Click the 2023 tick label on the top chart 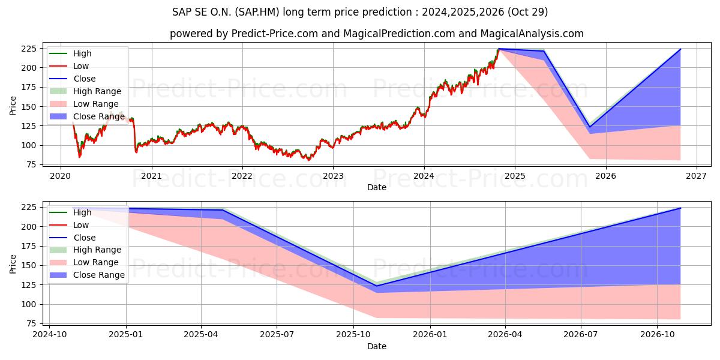(x=333, y=176)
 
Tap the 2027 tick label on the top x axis (x=697, y=176)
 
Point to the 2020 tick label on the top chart (x=60, y=176)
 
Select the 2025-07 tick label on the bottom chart (x=277, y=335)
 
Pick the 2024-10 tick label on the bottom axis (x=49, y=335)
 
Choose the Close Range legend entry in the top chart (x=99, y=116)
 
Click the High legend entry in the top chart (x=82, y=53)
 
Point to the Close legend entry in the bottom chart (x=84, y=238)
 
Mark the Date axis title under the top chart (x=376, y=187)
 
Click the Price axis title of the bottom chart (x=13, y=264)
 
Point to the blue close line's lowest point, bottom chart (x=377, y=286)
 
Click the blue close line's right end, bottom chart (x=680, y=208)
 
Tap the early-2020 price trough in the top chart (x=79, y=157)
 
